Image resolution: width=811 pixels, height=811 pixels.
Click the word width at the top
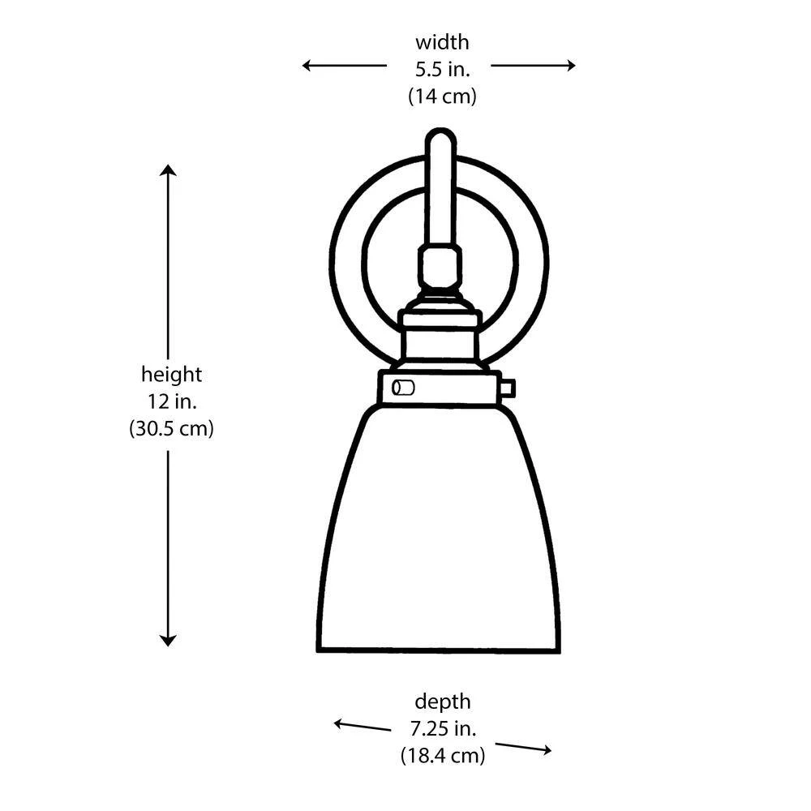click(442, 42)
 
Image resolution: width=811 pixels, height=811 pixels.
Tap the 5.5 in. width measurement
click(442, 69)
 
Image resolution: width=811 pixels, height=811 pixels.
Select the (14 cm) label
click(442, 97)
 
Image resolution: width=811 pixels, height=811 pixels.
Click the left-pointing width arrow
click(345, 65)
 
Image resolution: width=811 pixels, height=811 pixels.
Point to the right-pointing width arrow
click(534, 65)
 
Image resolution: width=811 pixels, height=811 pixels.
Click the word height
click(171, 374)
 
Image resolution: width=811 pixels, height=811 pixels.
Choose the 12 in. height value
click(172, 401)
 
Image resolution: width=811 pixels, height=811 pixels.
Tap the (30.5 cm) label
click(171, 429)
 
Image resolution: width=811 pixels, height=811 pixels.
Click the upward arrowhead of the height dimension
click(168, 170)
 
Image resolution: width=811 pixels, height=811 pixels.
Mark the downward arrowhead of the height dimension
click(168, 641)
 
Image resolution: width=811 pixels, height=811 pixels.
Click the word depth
click(442, 702)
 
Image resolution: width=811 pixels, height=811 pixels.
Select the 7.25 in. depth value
click(443, 729)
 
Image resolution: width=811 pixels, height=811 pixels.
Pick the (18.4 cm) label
click(443, 756)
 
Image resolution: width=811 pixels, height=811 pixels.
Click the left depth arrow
click(362, 726)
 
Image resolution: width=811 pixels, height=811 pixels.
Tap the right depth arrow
click(523, 748)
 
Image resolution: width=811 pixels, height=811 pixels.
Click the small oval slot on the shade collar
click(403, 388)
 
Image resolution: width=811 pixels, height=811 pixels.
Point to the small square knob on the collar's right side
click(508, 388)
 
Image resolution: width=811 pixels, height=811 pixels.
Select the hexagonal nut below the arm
click(440, 267)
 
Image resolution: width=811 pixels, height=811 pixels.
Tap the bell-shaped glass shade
click(439, 528)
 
